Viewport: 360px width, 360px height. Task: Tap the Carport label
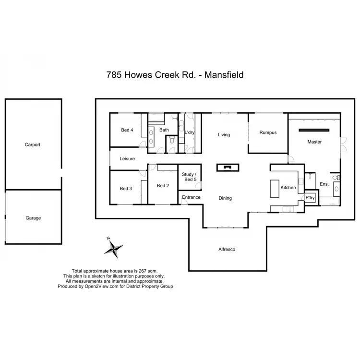(x=33, y=144)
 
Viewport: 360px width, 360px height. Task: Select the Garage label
(x=33, y=218)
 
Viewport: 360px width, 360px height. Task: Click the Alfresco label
(x=227, y=249)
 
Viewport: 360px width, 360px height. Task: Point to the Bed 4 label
(x=127, y=130)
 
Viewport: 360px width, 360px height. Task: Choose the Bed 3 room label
(x=126, y=189)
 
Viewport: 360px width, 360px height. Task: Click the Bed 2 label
(x=163, y=185)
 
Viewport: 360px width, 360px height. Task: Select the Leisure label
(x=127, y=158)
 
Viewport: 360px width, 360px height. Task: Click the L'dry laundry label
(x=190, y=130)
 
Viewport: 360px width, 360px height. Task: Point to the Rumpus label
(x=267, y=133)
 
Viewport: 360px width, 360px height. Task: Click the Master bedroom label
(x=314, y=142)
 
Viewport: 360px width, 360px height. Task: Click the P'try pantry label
(x=310, y=197)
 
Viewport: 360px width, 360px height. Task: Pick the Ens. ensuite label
(x=324, y=184)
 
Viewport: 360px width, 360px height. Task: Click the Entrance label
(x=191, y=197)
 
